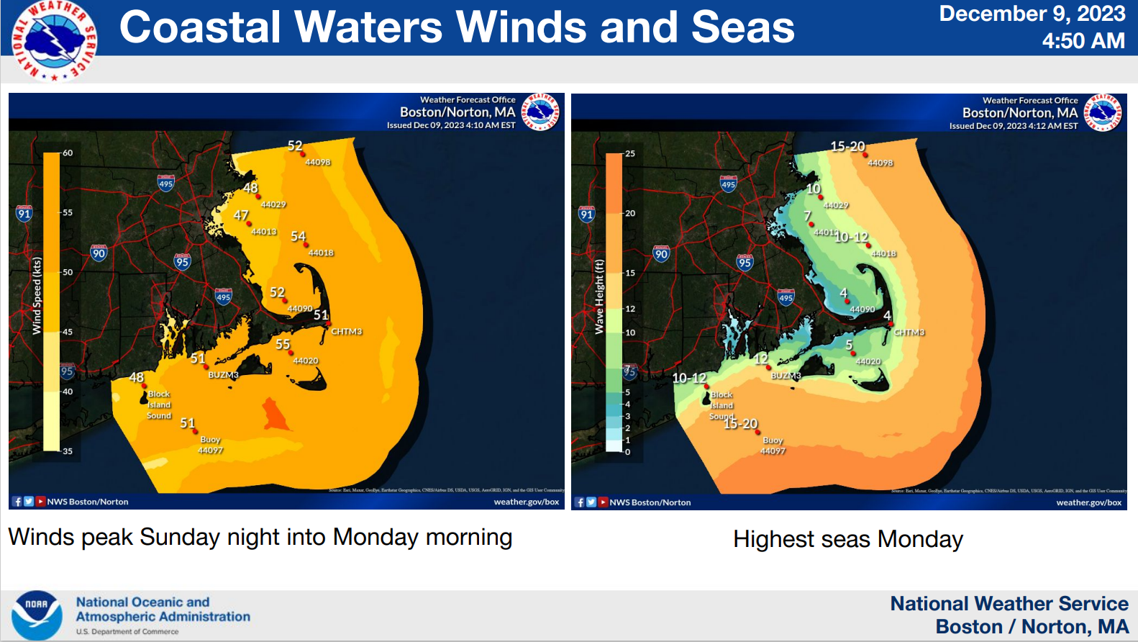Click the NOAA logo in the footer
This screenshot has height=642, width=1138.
pyautogui.click(x=36, y=615)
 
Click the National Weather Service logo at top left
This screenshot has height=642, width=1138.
pyautogui.click(x=54, y=40)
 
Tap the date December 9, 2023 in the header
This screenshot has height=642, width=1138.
pyautogui.click(x=1032, y=14)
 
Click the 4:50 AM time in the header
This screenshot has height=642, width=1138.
pyautogui.click(x=1083, y=41)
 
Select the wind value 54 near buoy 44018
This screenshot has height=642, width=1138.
pyautogui.click(x=298, y=236)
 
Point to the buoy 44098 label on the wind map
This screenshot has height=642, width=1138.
pyautogui.click(x=317, y=162)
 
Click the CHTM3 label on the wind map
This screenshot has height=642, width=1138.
pyautogui.click(x=346, y=332)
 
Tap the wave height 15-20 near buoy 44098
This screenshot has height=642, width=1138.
pyautogui.click(x=847, y=146)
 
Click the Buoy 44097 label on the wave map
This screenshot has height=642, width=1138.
pyautogui.click(x=773, y=446)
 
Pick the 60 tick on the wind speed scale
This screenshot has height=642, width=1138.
pyautogui.click(x=68, y=153)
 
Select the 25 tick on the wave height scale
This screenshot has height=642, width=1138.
pyautogui.click(x=630, y=153)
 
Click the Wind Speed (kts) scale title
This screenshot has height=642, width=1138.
pyautogui.click(x=37, y=296)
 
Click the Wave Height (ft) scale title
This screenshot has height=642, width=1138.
pyautogui.click(x=599, y=297)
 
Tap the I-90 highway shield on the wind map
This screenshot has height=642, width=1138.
pyautogui.click(x=99, y=253)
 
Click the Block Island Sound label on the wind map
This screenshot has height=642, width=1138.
pyautogui.click(x=159, y=404)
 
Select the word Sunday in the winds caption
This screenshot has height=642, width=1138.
pyautogui.click(x=180, y=537)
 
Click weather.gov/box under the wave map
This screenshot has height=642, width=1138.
pyautogui.click(x=1088, y=502)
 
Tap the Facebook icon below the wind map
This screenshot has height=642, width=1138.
pyautogui.click(x=17, y=502)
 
